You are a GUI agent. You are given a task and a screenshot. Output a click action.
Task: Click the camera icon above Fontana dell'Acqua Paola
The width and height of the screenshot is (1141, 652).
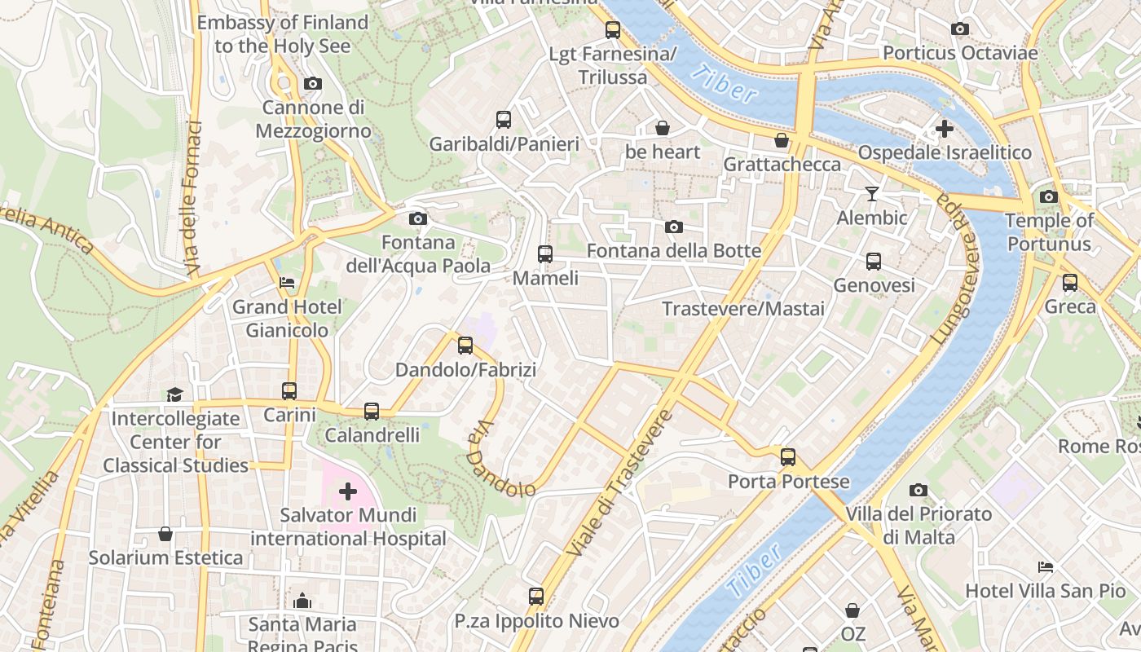[x=417, y=218]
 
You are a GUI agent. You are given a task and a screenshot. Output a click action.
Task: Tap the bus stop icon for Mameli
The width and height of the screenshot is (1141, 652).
[x=545, y=253]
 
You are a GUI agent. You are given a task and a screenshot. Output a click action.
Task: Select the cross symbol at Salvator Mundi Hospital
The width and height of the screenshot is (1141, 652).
[x=348, y=491]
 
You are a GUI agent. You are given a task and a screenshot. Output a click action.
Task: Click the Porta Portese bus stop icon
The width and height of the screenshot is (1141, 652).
[x=787, y=456]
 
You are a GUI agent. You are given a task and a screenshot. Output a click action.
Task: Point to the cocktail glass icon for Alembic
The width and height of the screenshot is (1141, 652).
[x=872, y=193]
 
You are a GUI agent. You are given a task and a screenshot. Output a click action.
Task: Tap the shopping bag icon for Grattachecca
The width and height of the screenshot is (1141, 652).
[x=782, y=140]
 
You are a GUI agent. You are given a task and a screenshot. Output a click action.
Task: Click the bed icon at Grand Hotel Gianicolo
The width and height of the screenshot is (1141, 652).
[x=287, y=283]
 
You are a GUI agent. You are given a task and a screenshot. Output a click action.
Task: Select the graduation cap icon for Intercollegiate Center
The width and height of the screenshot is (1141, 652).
[x=175, y=394]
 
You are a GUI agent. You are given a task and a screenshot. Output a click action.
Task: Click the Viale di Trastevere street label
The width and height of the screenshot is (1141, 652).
[x=619, y=483]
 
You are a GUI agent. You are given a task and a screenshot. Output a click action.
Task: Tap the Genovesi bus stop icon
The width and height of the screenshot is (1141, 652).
[x=874, y=262]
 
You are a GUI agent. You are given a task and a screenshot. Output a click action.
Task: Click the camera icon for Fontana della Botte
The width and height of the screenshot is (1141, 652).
[x=674, y=227]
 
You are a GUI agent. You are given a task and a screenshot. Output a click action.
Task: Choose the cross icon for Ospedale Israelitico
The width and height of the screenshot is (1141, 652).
[x=944, y=129]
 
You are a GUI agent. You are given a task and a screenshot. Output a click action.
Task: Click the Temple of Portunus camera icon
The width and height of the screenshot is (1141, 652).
[x=1049, y=196]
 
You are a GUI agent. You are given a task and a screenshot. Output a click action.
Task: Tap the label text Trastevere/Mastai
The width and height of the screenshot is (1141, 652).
[x=742, y=309]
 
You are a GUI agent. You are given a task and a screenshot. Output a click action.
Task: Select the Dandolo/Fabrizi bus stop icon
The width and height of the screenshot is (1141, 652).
[x=465, y=346]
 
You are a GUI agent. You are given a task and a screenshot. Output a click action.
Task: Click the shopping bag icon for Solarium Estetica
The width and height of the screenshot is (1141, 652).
[x=165, y=534]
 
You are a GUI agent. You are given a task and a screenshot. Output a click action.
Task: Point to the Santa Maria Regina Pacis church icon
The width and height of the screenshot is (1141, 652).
[x=302, y=601]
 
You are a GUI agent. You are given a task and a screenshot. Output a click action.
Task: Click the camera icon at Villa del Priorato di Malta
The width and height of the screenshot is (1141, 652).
[x=919, y=490]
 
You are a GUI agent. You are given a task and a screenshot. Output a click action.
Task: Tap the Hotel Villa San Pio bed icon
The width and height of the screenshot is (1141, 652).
[x=1046, y=566]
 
